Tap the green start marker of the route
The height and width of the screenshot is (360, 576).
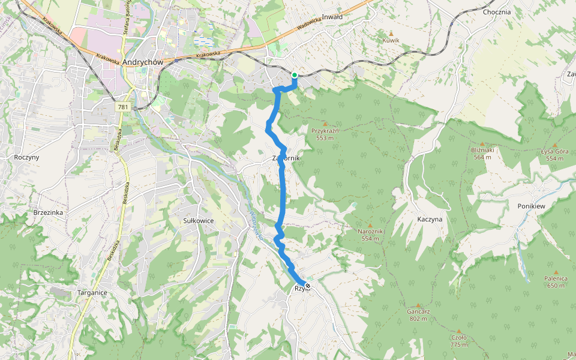point(295,75)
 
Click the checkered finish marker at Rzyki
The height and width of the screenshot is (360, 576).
point(308,286)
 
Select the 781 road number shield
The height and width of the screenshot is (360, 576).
point(123,107)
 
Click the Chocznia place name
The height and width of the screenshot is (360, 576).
point(496,11)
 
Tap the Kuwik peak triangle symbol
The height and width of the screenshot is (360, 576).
point(391,34)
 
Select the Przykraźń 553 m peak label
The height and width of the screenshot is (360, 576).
point(325,134)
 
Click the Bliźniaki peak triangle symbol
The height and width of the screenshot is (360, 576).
point(481,144)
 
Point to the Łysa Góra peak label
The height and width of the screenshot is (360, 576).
point(554,154)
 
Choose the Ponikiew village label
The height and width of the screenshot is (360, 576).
point(531,206)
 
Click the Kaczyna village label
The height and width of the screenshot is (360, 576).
point(430,219)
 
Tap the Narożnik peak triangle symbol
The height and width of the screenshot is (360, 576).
point(370,225)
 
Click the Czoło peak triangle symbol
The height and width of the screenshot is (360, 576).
point(459,331)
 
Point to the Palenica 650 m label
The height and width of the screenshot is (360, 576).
point(556,281)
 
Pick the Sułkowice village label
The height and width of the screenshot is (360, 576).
point(199,221)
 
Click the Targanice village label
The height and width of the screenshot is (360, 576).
point(92,292)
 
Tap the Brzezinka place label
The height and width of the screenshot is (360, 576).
point(49,212)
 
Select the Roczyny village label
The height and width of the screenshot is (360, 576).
point(26,157)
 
